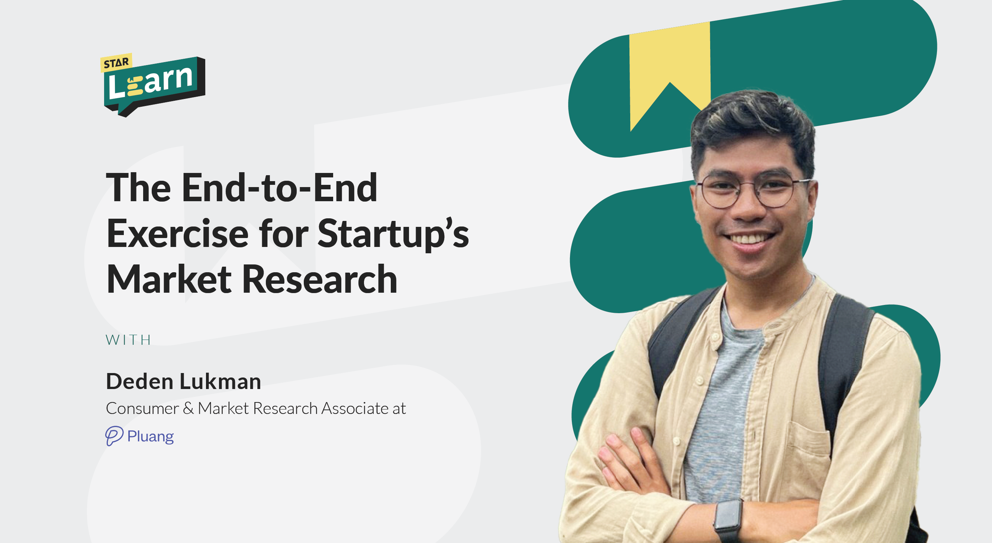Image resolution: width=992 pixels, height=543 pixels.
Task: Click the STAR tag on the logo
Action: [116, 62]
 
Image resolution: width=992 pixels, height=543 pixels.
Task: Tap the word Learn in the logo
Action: [151, 82]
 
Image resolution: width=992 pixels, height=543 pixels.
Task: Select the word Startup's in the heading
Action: [393, 234]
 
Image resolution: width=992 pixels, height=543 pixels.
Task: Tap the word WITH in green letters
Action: [128, 340]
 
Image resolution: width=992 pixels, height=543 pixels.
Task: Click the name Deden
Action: [139, 381]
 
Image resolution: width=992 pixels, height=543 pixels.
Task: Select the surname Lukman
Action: [220, 381]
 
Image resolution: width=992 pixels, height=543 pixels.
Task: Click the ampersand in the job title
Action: [188, 408]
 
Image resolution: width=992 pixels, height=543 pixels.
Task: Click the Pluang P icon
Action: [114, 436]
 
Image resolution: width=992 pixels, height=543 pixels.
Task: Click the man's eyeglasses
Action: [751, 192]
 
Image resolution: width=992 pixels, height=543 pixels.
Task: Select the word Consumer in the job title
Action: [142, 408]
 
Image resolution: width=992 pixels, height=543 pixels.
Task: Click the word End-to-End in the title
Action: [280, 187]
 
